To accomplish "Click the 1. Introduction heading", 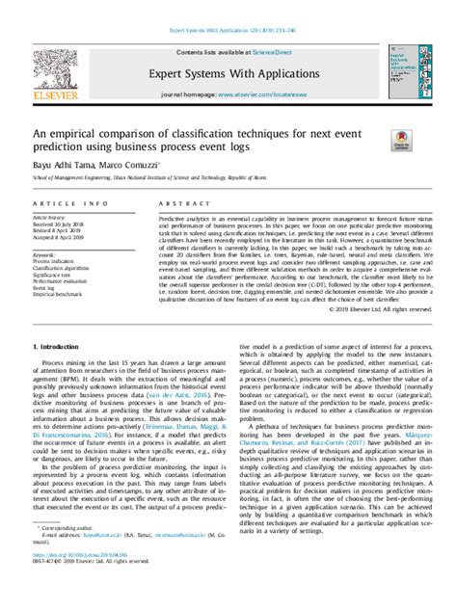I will [59, 371].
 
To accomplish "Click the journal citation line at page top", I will [228, 30].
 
